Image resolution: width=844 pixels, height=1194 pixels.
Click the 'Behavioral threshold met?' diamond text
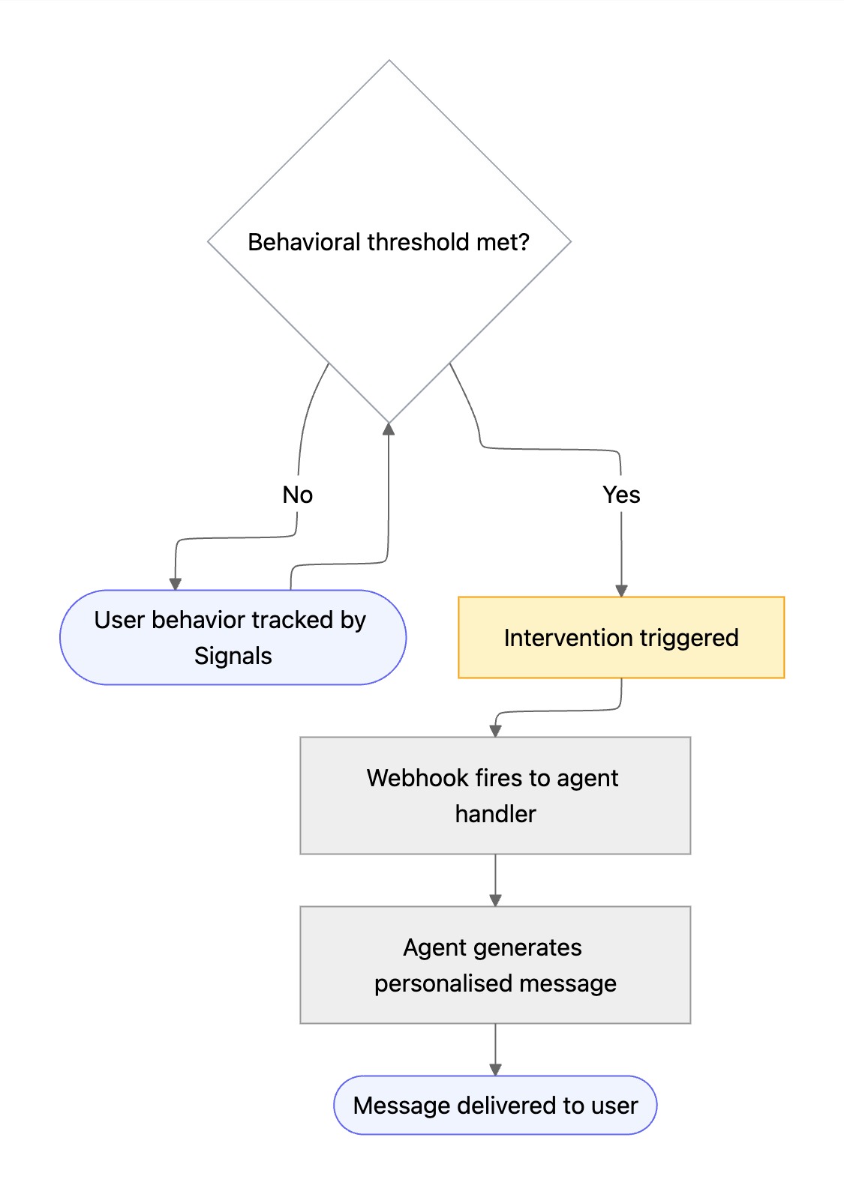coord(389,242)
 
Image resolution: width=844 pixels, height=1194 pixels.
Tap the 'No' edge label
coord(297,495)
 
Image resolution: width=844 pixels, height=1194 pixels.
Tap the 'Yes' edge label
coord(621,495)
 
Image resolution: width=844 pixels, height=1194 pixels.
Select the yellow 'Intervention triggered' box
coord(621,638)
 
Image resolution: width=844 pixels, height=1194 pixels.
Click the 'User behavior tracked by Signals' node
coord(233,638)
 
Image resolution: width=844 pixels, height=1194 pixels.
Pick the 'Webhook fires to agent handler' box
coord(495,795)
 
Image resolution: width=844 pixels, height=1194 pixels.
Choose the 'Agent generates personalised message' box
coord(495,965)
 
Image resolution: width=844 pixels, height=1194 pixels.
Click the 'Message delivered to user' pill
coord(495,1106)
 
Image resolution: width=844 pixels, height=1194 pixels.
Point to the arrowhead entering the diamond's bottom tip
coord(389,429)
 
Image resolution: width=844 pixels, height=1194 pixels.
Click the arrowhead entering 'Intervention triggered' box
coord(621,591)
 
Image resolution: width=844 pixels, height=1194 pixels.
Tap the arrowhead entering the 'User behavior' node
coord(176,584)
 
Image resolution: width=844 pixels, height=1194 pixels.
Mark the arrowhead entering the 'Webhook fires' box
coord(495,731)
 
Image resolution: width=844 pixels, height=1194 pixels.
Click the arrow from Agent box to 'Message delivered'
coord(495,1049)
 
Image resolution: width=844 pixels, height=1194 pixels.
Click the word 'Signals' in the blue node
coord(233,656)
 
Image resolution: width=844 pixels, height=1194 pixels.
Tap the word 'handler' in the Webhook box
coord(495,814)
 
